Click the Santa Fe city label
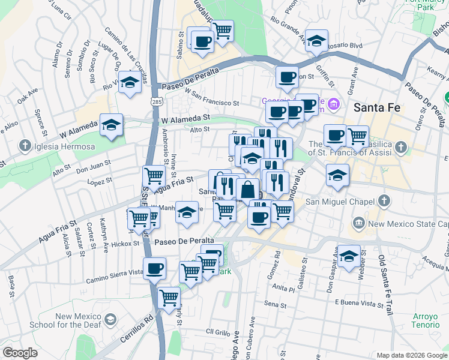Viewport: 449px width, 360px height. tap(378, 108)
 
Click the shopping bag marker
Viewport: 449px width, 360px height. tap(247, 190)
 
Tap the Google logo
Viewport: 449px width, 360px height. tap(20, 353)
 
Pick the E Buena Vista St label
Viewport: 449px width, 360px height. tap(358, 303)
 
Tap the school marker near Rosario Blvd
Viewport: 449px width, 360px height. tap(316, 40)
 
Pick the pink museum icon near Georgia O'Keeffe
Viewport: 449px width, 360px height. tap(334, 106)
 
